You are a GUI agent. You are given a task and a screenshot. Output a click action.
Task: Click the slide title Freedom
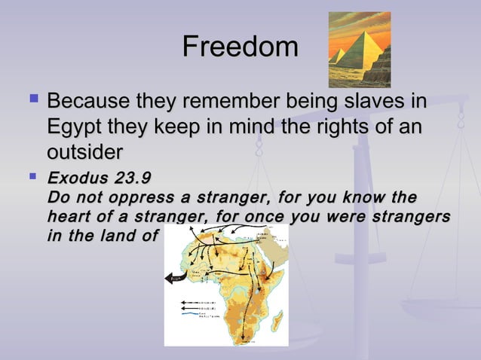(240, 47)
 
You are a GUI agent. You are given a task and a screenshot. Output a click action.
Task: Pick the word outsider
(84, 151)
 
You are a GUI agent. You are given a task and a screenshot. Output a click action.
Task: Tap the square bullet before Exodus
(32, 178)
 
